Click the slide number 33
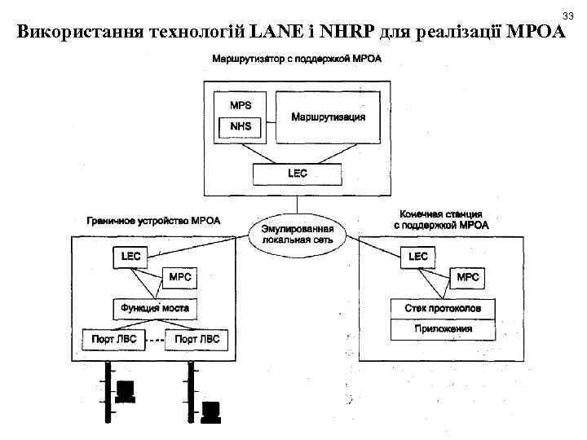click(x=567, y=15)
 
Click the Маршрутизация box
click(x=328, y=117)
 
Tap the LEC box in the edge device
click(x=130, y=256)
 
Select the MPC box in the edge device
click(x=179, y=277)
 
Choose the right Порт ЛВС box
click(x=197, y=338)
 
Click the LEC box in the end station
click(x=417, y=256)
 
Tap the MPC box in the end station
click(x=467, y=277)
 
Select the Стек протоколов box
click(x=443, y=309)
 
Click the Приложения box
click(x=443, y=329)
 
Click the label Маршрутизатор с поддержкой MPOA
click(x=296, y=59)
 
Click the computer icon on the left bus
click(x=125, y=391)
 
